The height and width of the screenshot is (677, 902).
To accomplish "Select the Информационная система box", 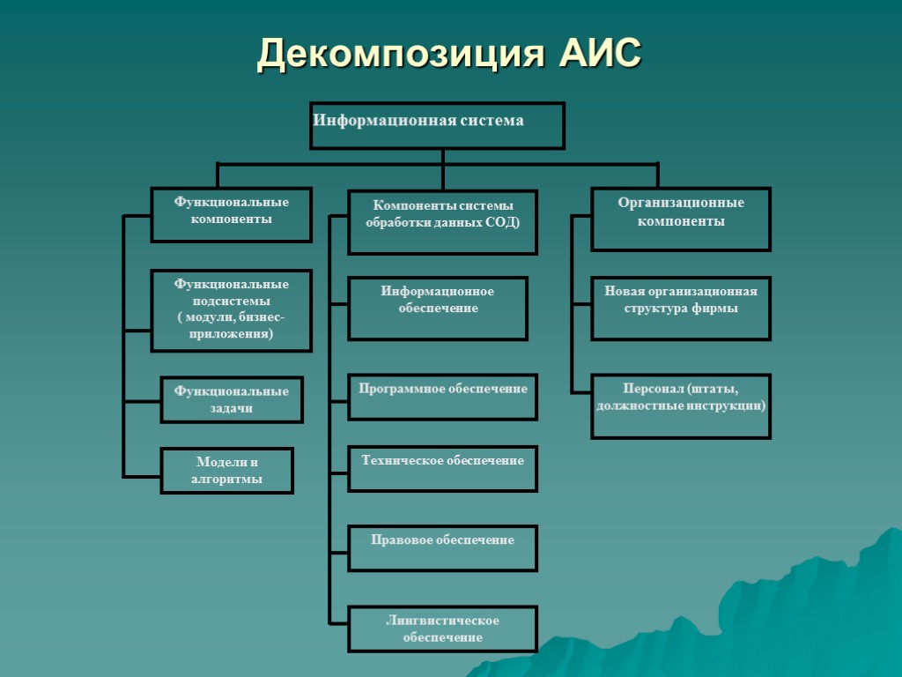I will (438, 125).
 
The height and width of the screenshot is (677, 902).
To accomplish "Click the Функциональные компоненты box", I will (232, 214).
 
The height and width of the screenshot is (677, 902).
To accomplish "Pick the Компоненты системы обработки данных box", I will (442, 222).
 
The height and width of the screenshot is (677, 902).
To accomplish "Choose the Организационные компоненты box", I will (681, 219).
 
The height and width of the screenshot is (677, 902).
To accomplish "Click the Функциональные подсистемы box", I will (232, 310).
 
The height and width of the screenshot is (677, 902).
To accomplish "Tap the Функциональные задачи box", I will (232, 399).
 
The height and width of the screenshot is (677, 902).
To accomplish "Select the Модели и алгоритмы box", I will (226, 471).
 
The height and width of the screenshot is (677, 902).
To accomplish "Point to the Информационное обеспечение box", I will (438, 309).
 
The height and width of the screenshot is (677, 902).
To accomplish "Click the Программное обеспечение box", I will (442, 397).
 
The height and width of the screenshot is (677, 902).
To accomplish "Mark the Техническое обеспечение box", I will (442, 468).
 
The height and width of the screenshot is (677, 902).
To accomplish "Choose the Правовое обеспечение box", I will (442, 548).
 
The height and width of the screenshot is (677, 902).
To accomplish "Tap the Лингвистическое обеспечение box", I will (442, 629).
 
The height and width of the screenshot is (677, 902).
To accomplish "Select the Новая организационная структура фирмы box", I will (681, 308).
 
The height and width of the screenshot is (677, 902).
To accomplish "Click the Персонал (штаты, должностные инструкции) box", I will (681, 405).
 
